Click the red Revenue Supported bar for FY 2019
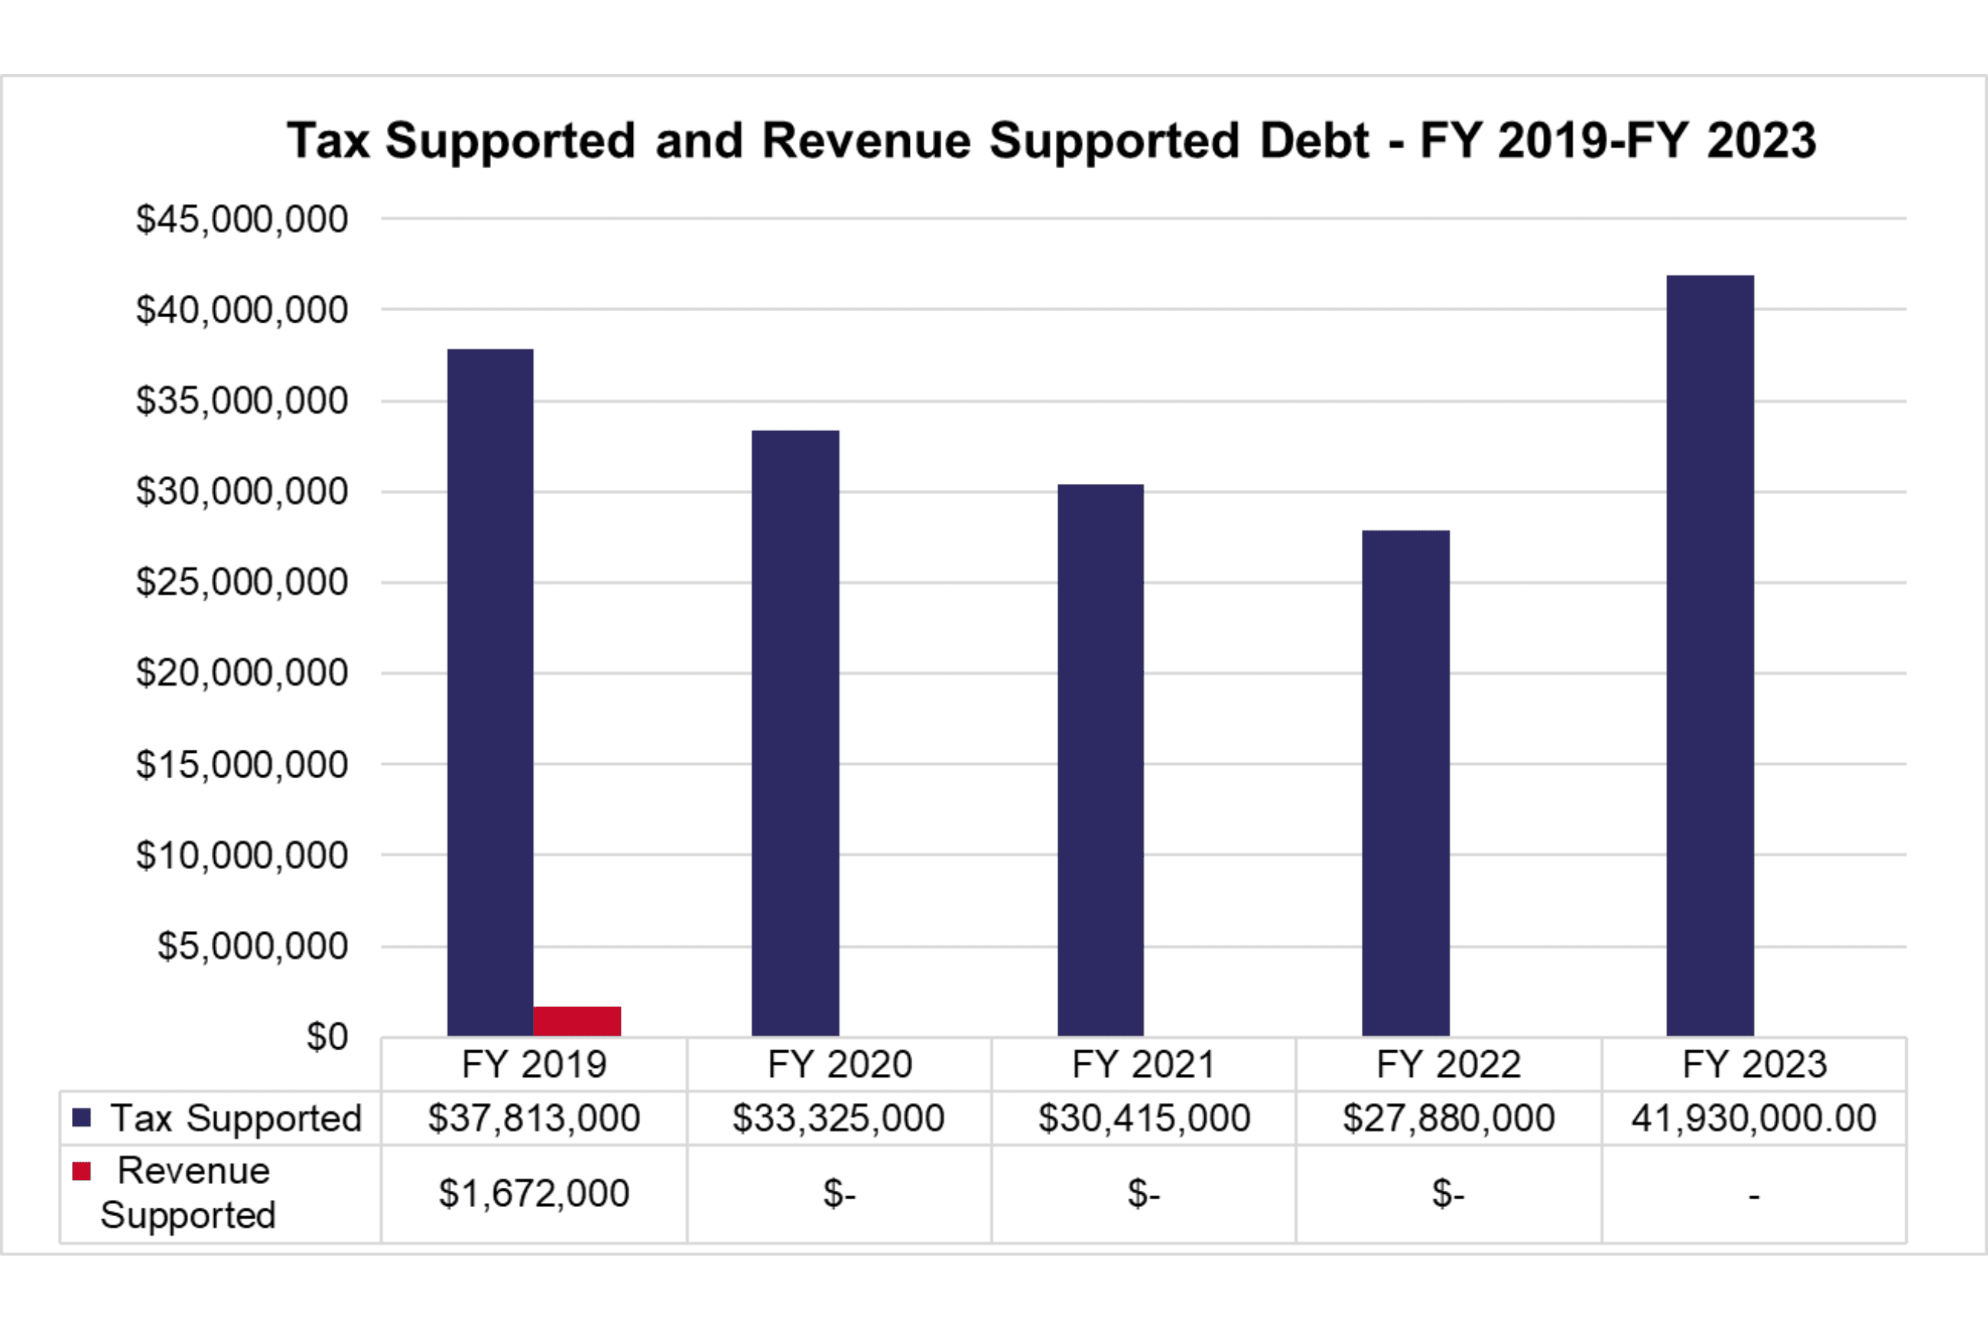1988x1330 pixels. pos(577,1020)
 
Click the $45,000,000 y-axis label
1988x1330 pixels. pos(242,219)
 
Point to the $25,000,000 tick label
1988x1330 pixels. pos(242,582)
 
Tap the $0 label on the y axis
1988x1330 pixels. pos(326,1036)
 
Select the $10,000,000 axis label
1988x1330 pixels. pos(242,855)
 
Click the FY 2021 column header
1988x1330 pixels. pos(1143,1065)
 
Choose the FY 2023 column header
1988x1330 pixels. pos(1754,1065)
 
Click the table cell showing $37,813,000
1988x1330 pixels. pos(534,1118)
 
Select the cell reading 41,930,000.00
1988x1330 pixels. pos(1754,1118)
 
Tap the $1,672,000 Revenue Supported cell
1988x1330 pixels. pos(534,1193)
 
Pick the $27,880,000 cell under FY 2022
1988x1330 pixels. pos(1448,1118)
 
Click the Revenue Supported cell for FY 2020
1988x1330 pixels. pos(838,1193)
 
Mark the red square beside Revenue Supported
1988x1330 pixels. pos(82,1171)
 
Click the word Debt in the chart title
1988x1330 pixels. pos(1314,141)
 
